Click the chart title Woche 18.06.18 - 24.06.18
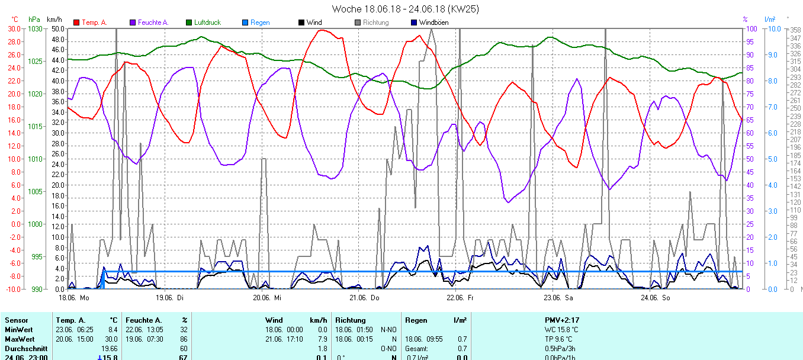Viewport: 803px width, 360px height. coord(405,9)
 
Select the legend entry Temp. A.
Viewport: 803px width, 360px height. coord(94,22)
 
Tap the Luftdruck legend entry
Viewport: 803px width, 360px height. coord(207,22)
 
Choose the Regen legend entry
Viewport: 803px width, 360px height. coord(260,22)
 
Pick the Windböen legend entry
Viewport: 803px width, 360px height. coord(433,22)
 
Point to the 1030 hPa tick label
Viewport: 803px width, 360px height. coord(36,29)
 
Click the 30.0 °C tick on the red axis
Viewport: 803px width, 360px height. coord(13,29)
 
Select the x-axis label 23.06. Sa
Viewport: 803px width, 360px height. coord(559,297)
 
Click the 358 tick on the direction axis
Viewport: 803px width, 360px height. coord(795,30)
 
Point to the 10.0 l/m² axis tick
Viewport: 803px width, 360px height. coord(770,29)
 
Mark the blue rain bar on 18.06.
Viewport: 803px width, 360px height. coord(102,280)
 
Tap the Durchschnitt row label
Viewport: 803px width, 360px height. coord(22,348)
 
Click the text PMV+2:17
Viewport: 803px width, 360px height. coord(562,320)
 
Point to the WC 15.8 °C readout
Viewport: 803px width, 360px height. coord(562,329)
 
